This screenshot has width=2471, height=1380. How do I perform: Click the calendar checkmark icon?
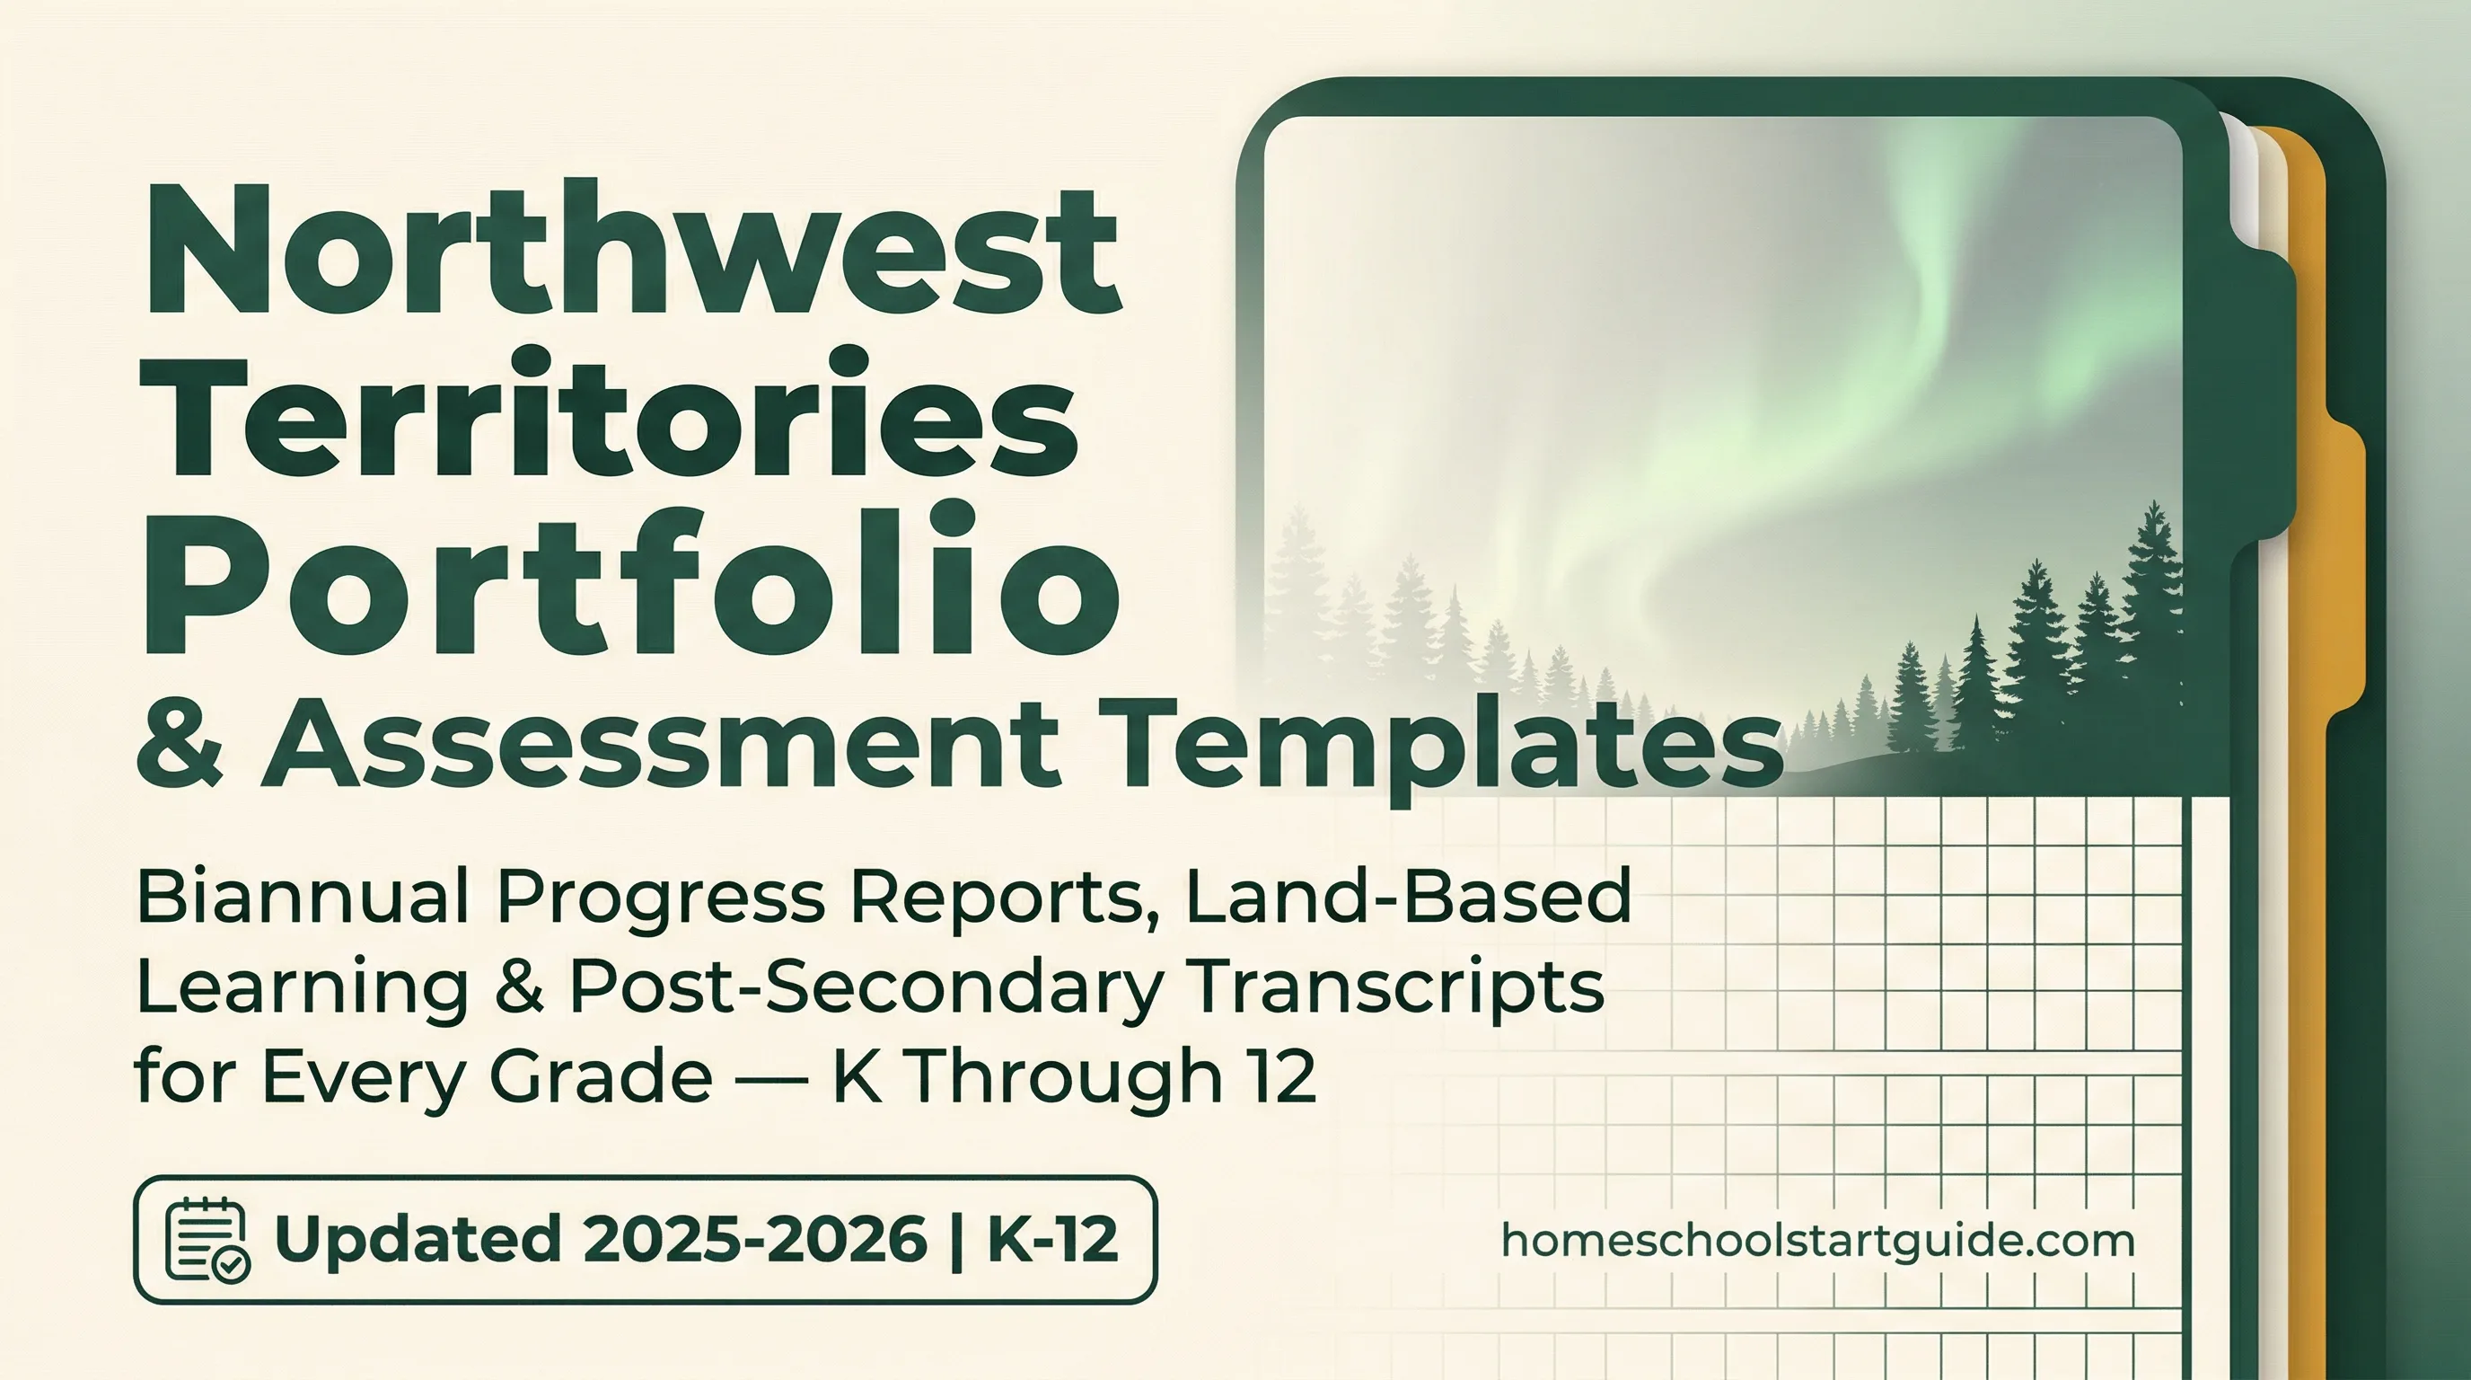[207, 1239]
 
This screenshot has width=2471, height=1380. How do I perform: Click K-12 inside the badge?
[1051, 1239]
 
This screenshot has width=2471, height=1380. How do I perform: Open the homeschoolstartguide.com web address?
[1817, 1241]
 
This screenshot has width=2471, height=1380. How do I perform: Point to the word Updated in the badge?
[418, 1239]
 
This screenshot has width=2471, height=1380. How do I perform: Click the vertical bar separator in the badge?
[956, 1239]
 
